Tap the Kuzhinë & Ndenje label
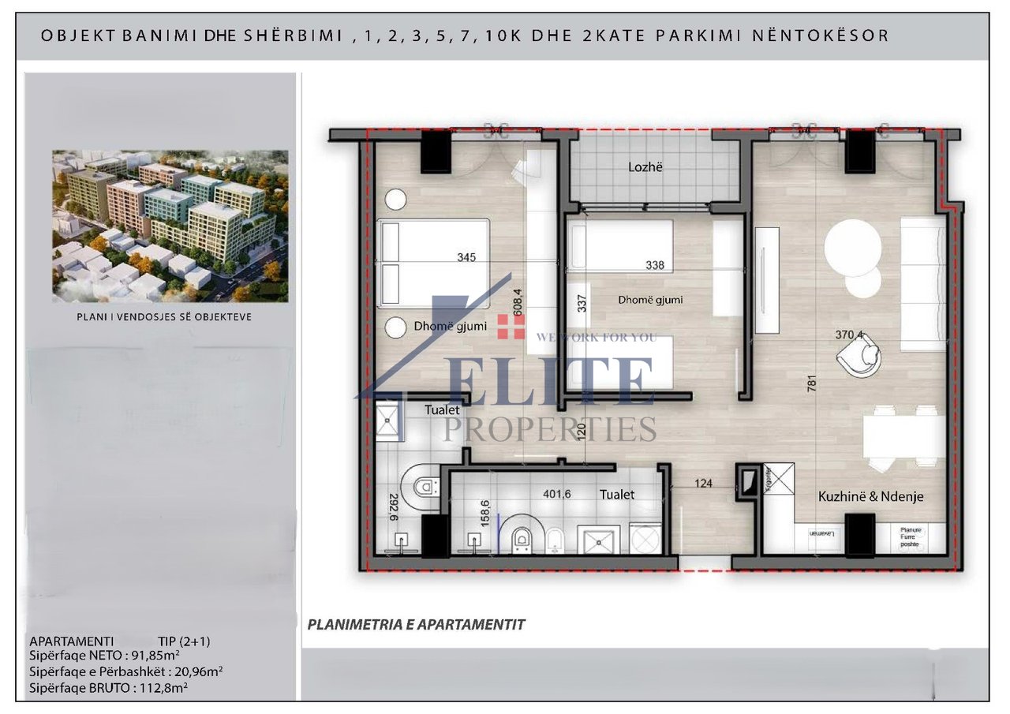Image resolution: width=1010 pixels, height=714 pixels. tap(870, 497)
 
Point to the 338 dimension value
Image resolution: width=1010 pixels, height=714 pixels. tap(654, 266)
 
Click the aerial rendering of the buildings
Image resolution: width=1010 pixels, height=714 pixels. tap(170, 226)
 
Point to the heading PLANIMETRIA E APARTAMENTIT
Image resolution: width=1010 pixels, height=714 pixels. tap(416, 625)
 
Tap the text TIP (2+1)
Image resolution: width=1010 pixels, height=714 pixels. tap(184, 641)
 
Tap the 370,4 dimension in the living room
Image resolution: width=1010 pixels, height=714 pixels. tap(850, 335)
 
